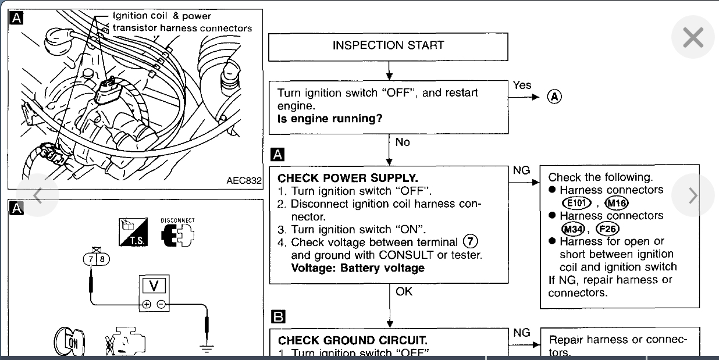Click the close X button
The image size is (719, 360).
tap(692, 38)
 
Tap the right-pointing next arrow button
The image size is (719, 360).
tap(692, 195)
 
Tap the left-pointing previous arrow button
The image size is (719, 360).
tap(38, 195)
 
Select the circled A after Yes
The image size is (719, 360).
tap(554, 97)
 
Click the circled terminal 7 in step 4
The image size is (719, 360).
tap(469, 242)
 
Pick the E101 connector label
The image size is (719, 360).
tap(576, 203)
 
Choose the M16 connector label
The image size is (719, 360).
tap(616, 203)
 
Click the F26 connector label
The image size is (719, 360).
tap(608, 229)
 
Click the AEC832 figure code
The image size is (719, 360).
tap(244, 181)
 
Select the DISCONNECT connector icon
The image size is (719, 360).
tap(177, 233)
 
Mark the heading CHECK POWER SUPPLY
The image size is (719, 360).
tap(348, 179)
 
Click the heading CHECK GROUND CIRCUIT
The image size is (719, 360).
tap(353, 341)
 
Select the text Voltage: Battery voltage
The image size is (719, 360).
tap(358, 268)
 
